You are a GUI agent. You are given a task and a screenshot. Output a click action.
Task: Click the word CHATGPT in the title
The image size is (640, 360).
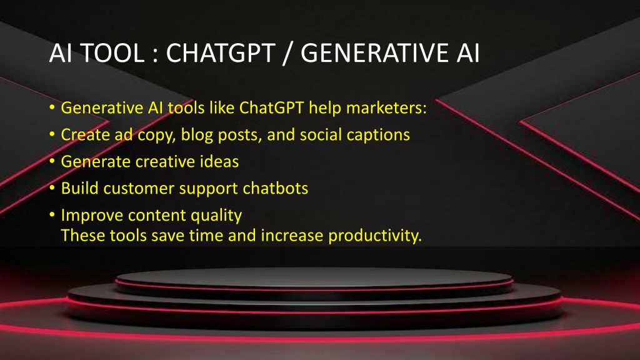(221, 53)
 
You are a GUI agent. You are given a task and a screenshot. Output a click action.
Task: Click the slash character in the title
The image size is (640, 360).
(288, 54)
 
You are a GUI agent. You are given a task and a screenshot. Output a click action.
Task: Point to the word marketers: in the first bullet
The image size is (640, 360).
(386, 108)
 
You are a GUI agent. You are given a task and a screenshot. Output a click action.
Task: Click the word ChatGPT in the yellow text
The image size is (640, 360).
(271, 108)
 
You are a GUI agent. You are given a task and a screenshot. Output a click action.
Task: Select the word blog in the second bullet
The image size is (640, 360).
(197, 135)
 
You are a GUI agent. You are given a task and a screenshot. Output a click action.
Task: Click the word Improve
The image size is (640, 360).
(92, 216)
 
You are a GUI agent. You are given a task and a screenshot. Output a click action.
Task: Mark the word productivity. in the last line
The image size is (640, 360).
(375, 236)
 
